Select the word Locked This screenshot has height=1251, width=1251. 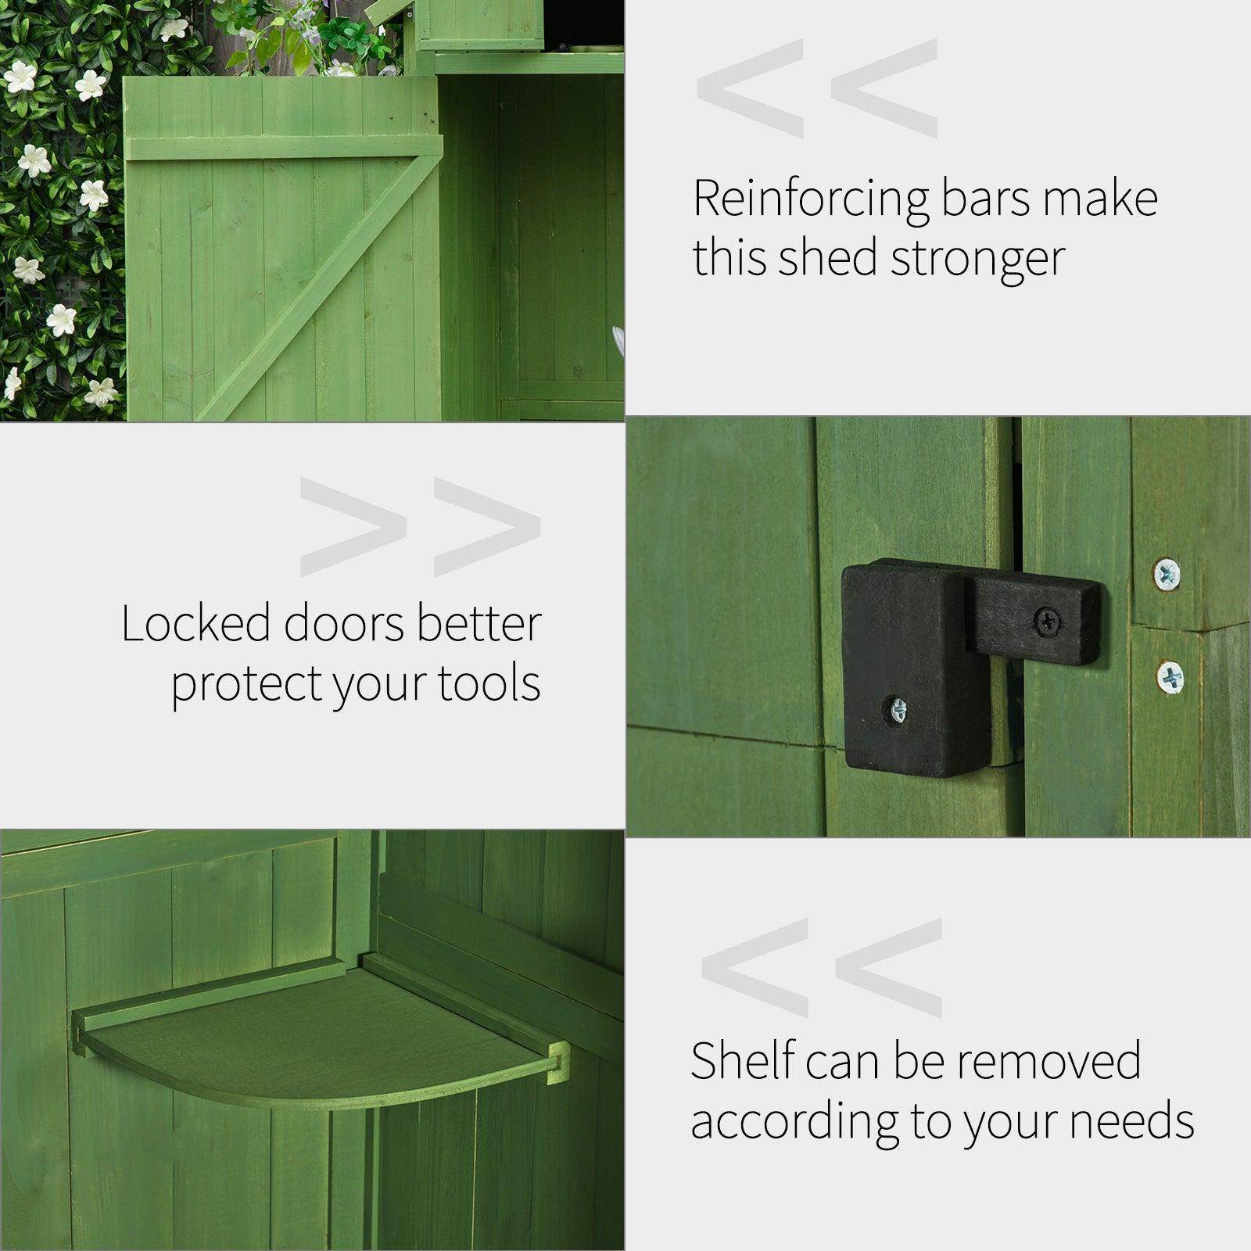195,624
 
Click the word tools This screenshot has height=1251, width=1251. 489,683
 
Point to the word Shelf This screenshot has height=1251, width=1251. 741,1061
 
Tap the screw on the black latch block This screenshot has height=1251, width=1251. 898,710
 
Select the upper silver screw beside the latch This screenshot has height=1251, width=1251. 1167,575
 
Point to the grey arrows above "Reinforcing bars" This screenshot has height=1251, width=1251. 817,88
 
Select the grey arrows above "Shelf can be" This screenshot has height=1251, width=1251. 822,967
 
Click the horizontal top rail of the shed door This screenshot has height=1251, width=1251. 281,148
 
